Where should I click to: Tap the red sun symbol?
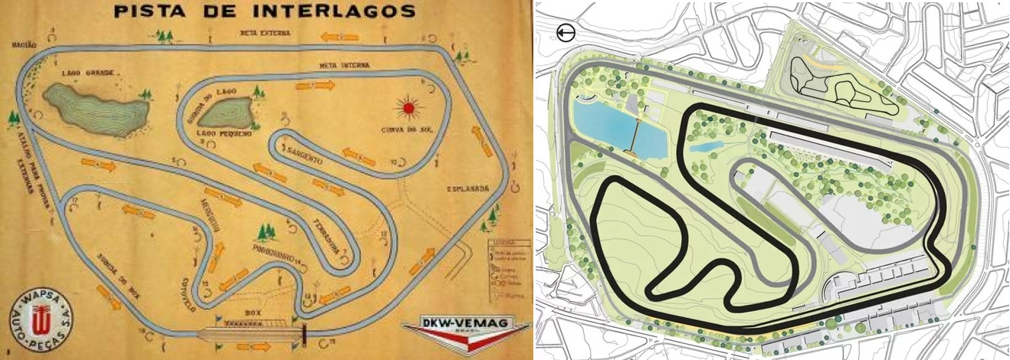point(407,107)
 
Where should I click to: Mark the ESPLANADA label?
point(465,188)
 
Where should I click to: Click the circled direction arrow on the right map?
point(566,33)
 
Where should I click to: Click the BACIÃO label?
point(20,45)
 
